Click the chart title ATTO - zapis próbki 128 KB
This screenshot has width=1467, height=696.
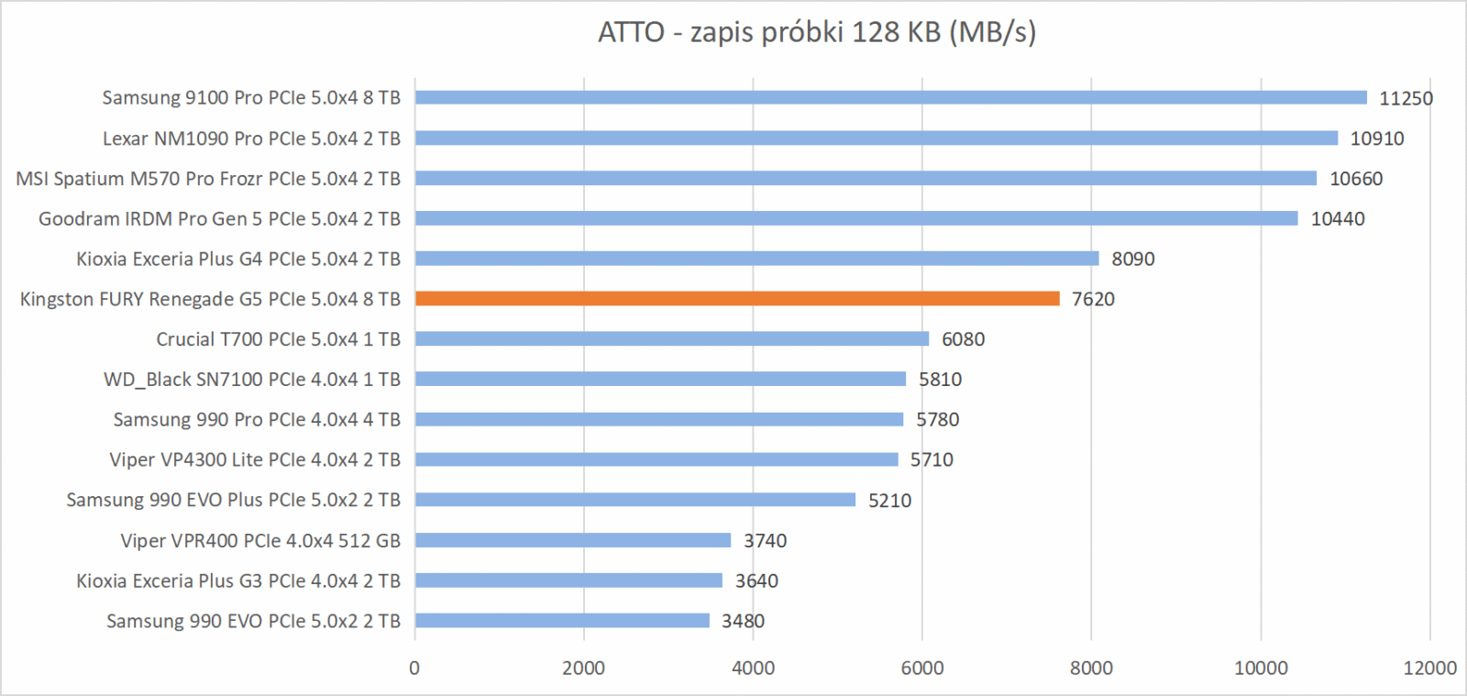(817, 33)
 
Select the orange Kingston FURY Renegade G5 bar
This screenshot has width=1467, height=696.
(737, 299)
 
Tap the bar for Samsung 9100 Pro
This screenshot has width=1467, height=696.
(890, 98)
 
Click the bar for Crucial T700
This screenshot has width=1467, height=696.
(672, 339)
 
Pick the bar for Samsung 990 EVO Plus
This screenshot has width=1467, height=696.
(634, 500)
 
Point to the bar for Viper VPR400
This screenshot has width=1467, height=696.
(573, 540)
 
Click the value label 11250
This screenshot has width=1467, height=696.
(1406, 98)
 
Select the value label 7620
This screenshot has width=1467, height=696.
(1093, 299)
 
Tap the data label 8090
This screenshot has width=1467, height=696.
(1132, 259)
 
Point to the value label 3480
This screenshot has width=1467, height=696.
(743, 621)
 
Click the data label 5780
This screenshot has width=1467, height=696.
(937, 419)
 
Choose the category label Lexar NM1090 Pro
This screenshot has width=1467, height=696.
(251, 138)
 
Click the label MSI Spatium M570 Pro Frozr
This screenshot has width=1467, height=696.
(208, 179)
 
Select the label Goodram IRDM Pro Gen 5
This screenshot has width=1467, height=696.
(219, 219)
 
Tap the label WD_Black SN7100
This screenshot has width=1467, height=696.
(252, 380)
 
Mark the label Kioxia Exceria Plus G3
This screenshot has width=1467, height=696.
(238, 580)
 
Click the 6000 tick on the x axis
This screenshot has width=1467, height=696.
(921, 668)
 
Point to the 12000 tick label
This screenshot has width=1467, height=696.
(1429, 668)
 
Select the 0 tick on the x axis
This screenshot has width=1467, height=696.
(414, 668)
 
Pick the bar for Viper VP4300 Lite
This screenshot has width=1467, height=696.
(656, 459)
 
